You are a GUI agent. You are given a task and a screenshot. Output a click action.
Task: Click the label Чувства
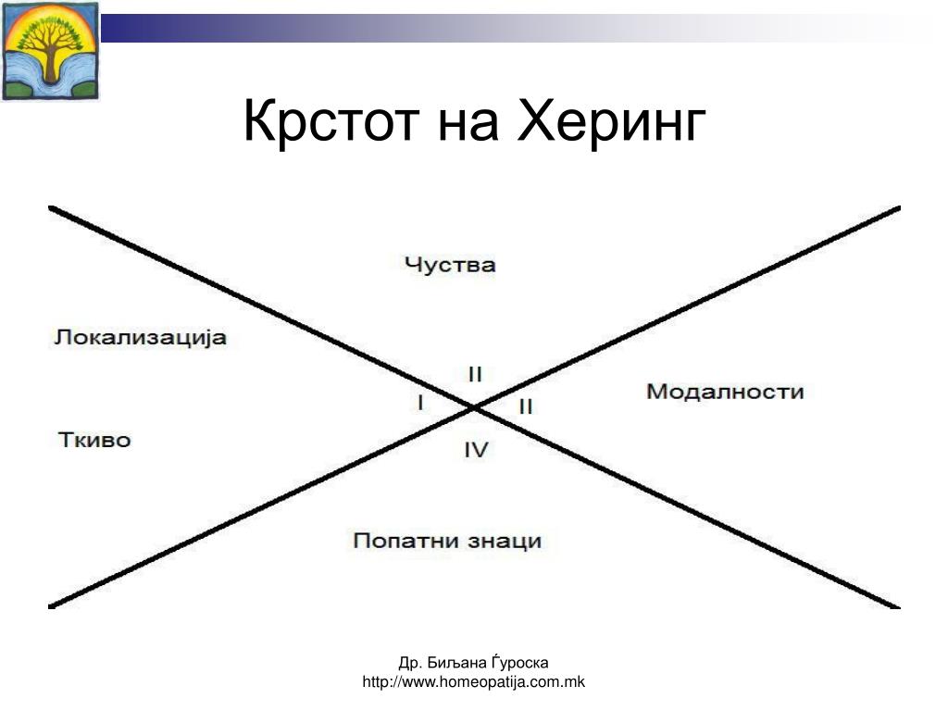point(450,265)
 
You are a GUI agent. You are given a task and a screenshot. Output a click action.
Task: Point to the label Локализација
point(140,337)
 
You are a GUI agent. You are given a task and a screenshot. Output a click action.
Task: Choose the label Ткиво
point(94,440)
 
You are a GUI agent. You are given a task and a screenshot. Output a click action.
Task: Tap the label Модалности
point(725,392)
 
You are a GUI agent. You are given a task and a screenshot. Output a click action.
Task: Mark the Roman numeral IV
point(476,451)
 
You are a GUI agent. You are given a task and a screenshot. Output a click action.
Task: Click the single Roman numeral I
point(420,403)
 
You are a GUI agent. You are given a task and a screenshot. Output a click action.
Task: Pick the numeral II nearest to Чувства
point(475,375)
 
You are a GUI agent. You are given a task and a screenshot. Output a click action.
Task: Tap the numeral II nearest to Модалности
point(525,405)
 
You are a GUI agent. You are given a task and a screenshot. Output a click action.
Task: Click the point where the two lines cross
point(474,406)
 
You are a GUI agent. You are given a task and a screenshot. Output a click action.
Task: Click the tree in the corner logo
point(50,46)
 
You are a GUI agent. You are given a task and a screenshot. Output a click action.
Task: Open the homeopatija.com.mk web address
point(474,682)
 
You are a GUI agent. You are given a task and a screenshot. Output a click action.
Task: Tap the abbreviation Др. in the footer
point(409,663)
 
